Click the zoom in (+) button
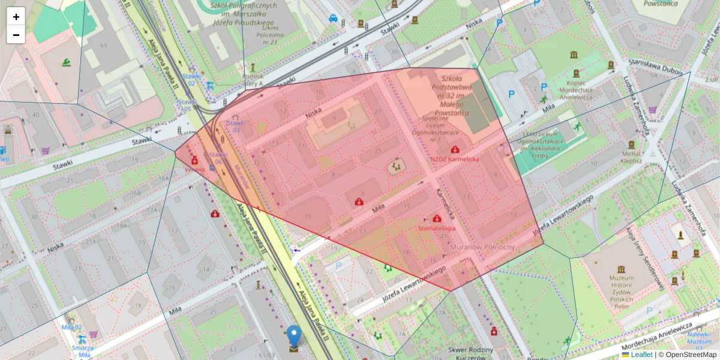point(16,17)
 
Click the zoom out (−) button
point(16,35)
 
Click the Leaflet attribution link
point(641,355)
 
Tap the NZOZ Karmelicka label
point(455,159)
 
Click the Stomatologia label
point(437,228)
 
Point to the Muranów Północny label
point(482,247)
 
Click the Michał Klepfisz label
point(631,157)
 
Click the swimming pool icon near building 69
point(65,62)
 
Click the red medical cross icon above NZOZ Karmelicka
point(455,149)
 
